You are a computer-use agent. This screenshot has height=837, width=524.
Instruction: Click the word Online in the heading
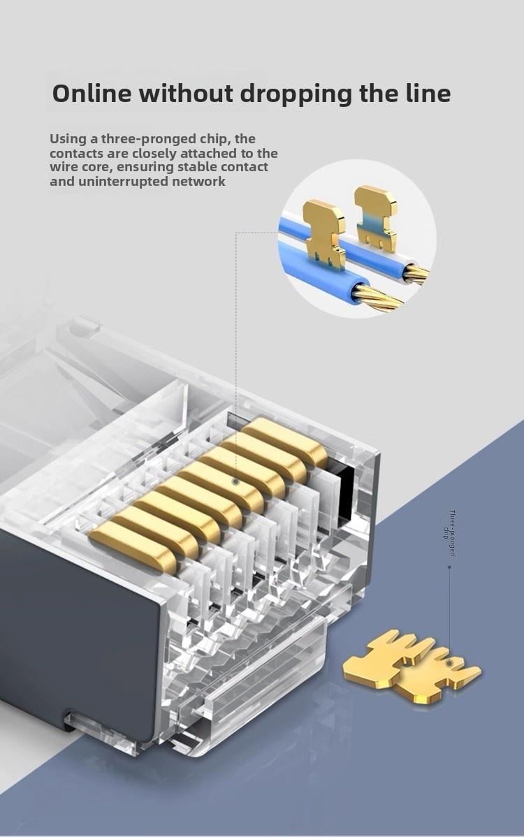[92, 94]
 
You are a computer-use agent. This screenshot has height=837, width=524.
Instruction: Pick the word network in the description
[198, 181]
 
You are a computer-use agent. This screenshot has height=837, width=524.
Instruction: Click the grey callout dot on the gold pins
[235, 481]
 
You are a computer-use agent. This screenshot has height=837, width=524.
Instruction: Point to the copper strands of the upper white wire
[416, 272]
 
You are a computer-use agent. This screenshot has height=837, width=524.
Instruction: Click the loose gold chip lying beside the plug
[412, 665]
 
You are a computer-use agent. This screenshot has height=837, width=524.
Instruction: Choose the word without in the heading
[186, 94]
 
